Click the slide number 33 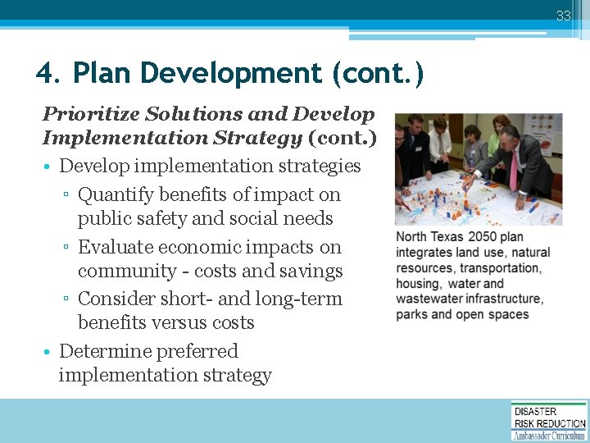tap(563, 16)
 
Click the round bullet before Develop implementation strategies tap(48, 167)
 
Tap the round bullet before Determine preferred tap(48, 352)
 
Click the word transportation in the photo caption tap(500, 268)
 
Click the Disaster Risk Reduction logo tap(549, 420)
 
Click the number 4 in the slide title tap(46, 74)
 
